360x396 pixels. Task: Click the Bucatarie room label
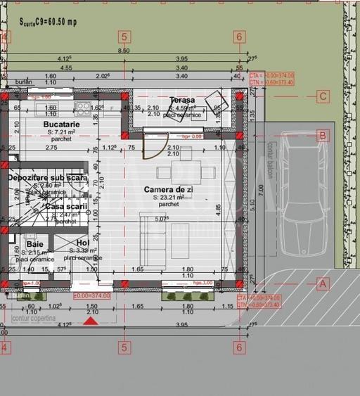61,124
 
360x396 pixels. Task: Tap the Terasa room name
182,101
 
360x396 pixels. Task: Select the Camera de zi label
168,190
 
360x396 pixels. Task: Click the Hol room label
83,243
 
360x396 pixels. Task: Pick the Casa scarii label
65,206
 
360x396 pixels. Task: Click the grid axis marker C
323,97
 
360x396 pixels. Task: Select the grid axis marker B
323,135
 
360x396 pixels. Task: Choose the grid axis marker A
323,284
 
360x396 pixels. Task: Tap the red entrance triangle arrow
91,321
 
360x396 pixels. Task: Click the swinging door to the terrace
150,146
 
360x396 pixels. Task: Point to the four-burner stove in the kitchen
83,109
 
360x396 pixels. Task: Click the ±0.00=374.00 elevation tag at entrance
91,295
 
